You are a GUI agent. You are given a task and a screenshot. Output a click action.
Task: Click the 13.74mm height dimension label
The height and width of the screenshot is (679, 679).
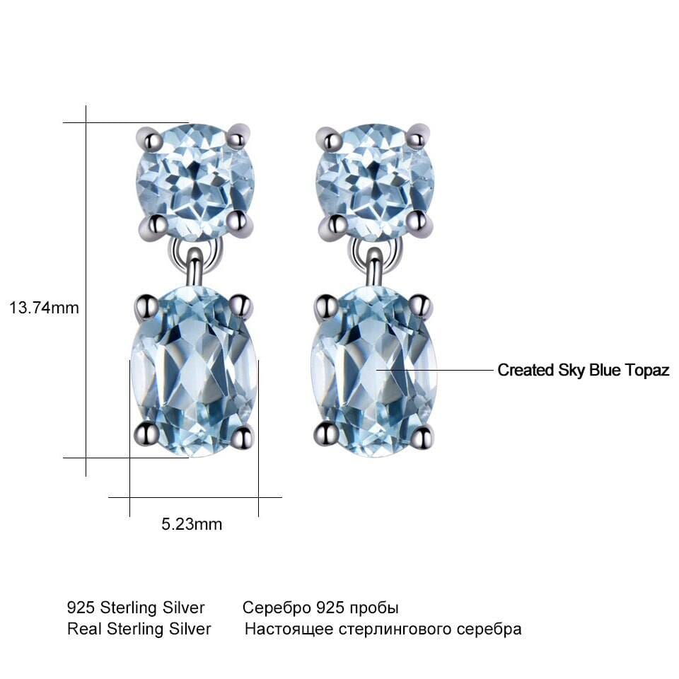click(x=44, y=308)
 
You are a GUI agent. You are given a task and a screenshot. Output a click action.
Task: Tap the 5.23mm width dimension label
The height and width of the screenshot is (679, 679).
click(x=192, y=524)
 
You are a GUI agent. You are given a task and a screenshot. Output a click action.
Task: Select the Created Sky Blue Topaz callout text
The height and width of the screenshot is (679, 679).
click(x=584, y=370)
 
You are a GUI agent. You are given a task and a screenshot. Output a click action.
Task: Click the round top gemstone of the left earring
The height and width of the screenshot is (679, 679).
click(x=195, y=182)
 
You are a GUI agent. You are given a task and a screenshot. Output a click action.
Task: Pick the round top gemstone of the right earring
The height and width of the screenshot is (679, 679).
click(x=375, y=182)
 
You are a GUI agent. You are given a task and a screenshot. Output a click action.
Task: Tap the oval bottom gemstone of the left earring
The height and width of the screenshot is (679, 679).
click(x=194, y=371)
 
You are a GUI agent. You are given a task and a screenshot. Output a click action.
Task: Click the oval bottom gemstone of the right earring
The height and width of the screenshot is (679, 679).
click(x=373, y=371)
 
